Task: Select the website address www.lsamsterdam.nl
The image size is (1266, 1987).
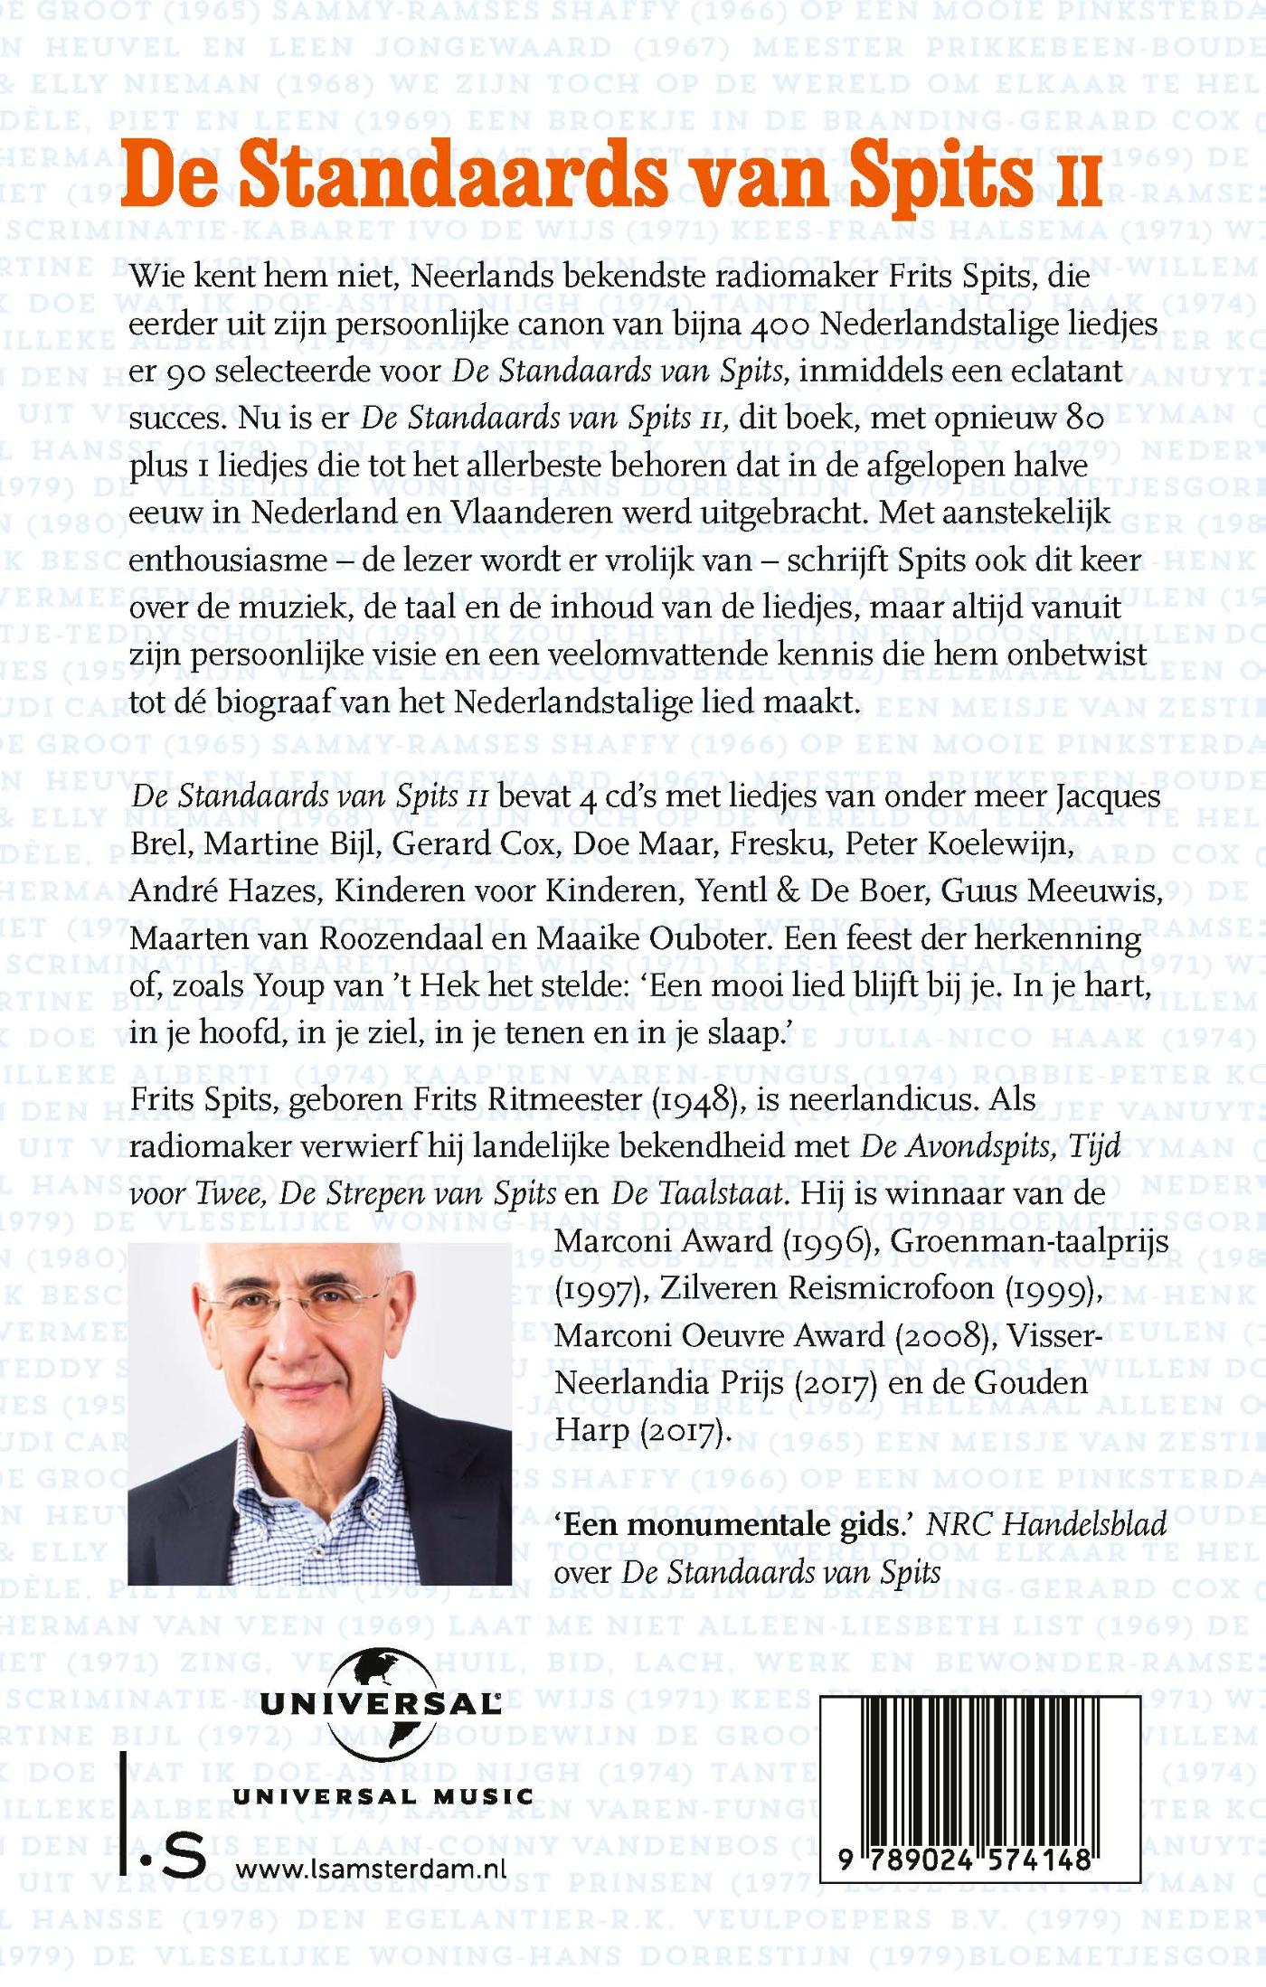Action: click(371, 1869)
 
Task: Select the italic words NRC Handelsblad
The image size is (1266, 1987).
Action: click(1047, 1525)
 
